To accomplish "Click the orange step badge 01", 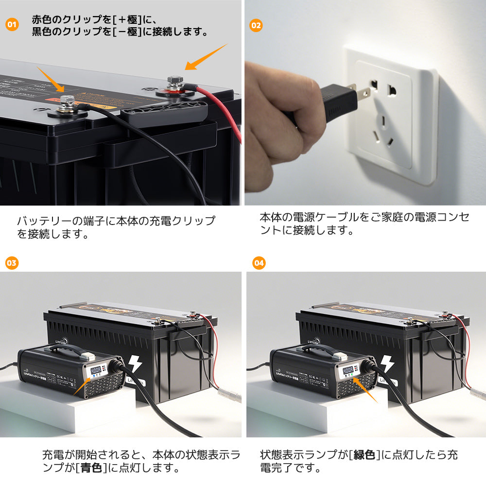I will click(12, 24).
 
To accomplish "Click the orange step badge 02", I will click(256, 25).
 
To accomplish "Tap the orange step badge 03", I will click(12, 263).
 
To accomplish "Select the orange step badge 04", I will click(259, 263).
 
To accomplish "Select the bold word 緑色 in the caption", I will click(364, 455).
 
